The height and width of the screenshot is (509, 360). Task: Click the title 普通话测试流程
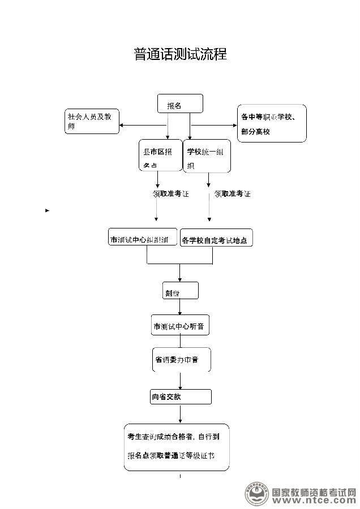180,54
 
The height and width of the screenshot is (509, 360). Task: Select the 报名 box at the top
179,105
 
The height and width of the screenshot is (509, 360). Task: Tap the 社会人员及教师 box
92,121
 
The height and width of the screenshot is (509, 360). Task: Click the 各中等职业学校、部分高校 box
272,123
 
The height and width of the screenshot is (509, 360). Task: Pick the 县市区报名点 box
160,156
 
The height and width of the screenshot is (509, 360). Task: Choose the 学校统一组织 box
208,156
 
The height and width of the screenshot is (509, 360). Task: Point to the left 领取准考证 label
170,194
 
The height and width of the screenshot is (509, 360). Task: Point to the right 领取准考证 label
232,194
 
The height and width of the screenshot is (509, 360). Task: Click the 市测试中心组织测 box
143,238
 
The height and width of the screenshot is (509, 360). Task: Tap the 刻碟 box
181,291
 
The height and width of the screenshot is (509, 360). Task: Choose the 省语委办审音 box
181,360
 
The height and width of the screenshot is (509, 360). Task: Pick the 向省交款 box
181,396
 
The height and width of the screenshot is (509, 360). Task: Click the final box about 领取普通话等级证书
177,447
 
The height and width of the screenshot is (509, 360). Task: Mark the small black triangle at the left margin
47,210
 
